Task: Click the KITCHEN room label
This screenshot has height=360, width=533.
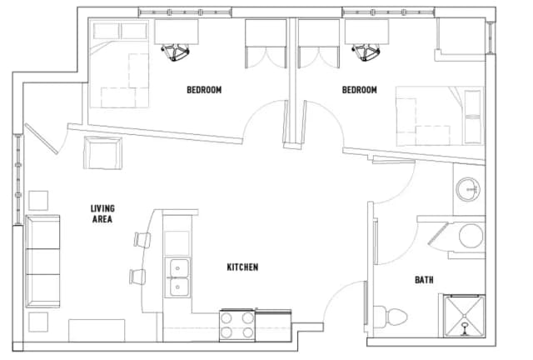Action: tap(242, 267)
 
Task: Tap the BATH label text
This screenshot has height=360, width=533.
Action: tap(424, 280)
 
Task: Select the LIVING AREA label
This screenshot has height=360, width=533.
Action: tap(102, 213)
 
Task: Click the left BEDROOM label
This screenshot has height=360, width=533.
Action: tap(204, 90)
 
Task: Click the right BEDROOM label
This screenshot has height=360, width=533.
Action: tap(359, 90)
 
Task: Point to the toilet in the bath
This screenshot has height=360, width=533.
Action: tap(390, 317)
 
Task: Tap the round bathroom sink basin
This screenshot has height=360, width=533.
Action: tap(468, 189)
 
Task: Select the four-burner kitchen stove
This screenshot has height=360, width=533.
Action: tap(237, 325)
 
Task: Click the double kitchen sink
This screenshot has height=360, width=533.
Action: tap(177, 277)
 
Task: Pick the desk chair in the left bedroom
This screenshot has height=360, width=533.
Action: tap(176, 52)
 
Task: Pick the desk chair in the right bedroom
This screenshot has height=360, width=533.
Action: tap(366, 52)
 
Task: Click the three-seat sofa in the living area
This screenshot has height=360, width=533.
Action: tap(42, 262)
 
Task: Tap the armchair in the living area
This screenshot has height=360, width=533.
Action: tap(102, 152)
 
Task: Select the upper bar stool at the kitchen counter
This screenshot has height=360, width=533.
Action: tap(142, 239)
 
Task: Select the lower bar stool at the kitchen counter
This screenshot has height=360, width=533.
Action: tap(137, 277)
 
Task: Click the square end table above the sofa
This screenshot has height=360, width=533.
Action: tap(38, 200)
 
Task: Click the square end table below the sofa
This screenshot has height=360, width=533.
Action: tap(38, 322)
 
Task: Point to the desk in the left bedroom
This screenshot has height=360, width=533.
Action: tap(176, 32)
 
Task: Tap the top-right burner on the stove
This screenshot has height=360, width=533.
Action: tap(248, 317)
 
